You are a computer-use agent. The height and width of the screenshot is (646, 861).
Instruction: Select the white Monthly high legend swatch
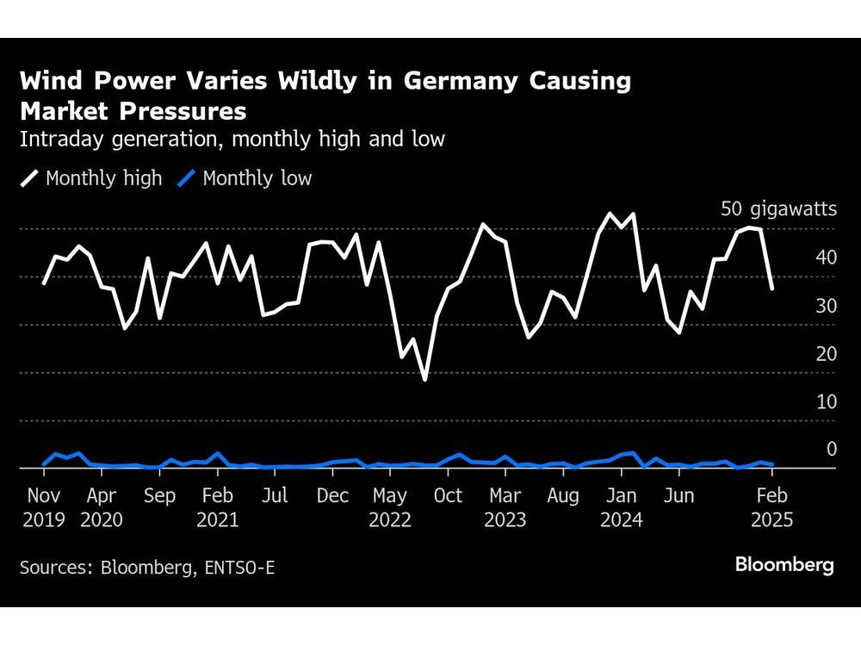tap(30, 178)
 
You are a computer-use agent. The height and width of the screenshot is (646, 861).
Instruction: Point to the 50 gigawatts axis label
tap(778, 208)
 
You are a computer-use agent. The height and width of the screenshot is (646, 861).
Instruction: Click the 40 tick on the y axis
tap(826, 257)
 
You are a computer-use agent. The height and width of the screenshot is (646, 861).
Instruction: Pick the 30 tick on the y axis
tap(826, 305)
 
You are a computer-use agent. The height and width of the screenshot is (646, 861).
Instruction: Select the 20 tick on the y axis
tap(826, 353)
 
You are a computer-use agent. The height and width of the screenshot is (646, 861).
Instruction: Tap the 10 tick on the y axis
tap(826, 401)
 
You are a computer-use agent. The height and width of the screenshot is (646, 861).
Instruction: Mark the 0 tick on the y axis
tap(831, 449)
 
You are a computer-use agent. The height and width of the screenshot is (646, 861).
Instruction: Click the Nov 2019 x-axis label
tap(43, 507)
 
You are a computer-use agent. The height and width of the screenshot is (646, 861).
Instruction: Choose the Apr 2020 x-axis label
tap(101, 507)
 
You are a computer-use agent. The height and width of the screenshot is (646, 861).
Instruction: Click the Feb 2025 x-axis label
tap(772, 507)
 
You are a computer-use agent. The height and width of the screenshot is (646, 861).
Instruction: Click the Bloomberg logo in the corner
tap(784, 565)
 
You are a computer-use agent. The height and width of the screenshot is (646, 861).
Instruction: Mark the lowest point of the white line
tap(424, 379)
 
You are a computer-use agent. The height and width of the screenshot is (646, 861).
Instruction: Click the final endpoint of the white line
tap(772, 289)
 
